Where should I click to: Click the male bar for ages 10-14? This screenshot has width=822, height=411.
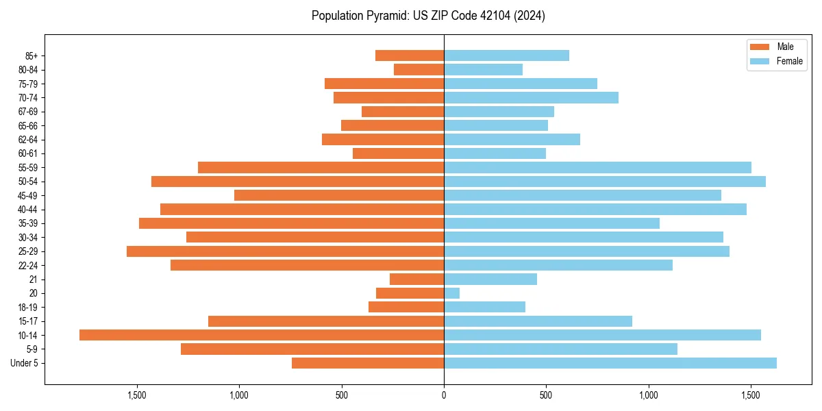coord(262,335)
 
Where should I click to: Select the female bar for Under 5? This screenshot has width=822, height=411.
coord(610,363)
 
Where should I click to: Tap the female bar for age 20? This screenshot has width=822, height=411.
coord(452,293)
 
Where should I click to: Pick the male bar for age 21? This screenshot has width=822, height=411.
coord(417,279)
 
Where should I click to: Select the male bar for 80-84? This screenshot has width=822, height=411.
coord(419,70)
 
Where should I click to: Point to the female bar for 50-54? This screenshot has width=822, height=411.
coord(605,182)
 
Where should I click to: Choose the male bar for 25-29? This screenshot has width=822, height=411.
coord(286,251)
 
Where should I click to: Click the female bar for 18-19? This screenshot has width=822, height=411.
coord(485,307)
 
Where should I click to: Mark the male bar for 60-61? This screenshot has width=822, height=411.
coord(399,153)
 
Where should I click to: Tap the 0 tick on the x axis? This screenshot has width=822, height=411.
coord(444,395)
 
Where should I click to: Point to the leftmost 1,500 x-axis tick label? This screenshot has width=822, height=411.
coord(137,395)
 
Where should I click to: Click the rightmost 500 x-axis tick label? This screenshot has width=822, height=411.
coord(546,395)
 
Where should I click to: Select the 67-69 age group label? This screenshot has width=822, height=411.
coord(28,112)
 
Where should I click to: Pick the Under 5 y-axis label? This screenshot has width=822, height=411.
coord(24,363)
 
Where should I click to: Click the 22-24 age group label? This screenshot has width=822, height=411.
coord(28,265)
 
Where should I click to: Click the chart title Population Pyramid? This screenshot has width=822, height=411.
coord(428,16)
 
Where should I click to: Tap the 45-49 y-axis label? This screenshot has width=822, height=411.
coord(28,195)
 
